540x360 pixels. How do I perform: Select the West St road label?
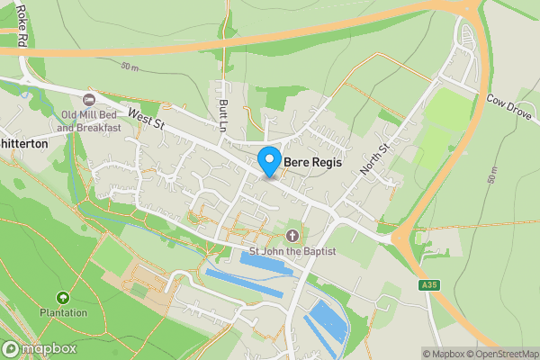click(x=145, y=117)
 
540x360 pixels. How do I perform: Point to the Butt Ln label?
click(x=223, y=116)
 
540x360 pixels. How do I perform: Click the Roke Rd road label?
click(x=21, y=27)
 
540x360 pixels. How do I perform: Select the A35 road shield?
click(x=430, y=285)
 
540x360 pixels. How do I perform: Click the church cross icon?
click(x=291, y=236)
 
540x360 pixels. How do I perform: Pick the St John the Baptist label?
click(x=290, y=251)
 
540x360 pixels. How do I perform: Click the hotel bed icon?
click(x=88, y=99)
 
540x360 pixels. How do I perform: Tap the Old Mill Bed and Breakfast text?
click(x=91, y=121)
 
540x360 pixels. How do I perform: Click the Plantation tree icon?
click(x=62, y=298)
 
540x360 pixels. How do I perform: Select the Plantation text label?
click(x=62, y=313)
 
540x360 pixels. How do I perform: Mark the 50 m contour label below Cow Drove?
click(x=493, y=175)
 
